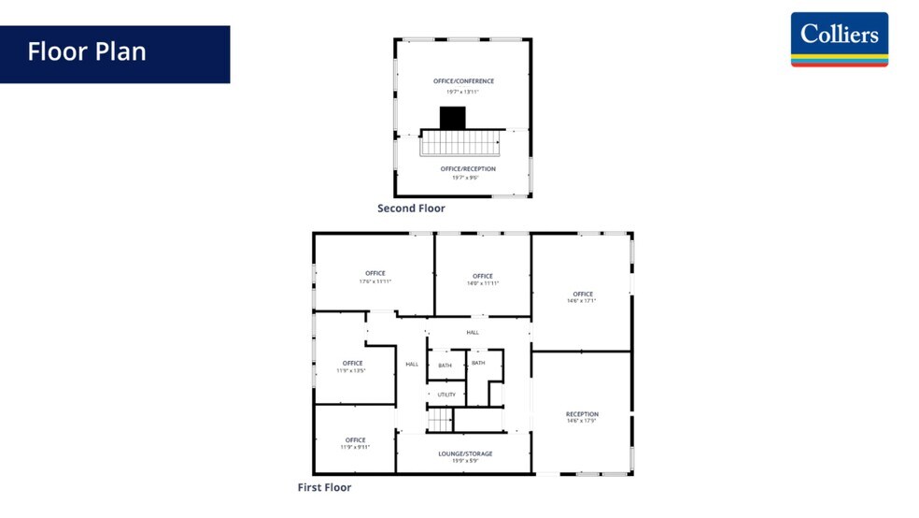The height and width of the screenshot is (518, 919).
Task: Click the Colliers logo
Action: tap(839, 39)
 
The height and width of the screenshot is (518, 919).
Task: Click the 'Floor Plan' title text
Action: tap(87, 51)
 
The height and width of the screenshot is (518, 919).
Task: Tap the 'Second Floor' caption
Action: tap(411, 209)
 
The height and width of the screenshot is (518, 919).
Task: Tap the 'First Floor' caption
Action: tap(324, 487)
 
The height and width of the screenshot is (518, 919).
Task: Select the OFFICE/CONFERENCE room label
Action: tap(463, 81)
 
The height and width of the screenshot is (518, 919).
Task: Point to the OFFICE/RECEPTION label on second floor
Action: tap(468, 169)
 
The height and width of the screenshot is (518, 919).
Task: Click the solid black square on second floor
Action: tap(452, 118)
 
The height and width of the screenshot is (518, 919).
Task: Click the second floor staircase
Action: tap(459, 144)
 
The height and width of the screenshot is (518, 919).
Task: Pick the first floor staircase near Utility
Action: tap(440, 421)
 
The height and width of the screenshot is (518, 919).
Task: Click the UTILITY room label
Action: tap(446, 395)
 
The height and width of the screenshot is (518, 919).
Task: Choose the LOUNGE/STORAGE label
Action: tap(465, 454)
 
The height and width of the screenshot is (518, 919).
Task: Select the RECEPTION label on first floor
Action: tap(582, 414)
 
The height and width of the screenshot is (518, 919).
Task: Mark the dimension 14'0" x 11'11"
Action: tap(482, 283)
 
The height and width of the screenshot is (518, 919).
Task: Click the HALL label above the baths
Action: tap(473, 333)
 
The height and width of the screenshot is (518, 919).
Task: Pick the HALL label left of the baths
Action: tap(412, 364)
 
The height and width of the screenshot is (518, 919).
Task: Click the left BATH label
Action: tap(445, 365)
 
